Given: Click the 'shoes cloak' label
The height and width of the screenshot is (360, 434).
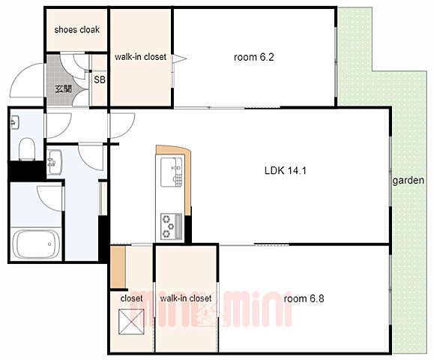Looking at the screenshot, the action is [77, 30].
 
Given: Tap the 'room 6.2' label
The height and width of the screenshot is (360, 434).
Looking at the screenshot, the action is [254, 57].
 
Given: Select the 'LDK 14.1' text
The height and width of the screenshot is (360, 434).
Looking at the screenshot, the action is [286, 170].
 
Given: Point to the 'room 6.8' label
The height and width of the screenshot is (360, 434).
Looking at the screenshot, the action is [304, 298].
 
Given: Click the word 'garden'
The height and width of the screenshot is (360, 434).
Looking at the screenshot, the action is [409, 181].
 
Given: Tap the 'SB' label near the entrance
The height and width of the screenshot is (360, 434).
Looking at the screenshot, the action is [100, 79].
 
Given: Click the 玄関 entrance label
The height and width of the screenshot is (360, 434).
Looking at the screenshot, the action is [64, 89].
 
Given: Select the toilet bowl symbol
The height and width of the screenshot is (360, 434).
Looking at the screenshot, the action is [27, 149].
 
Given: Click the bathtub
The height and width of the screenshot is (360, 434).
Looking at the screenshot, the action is [36, 244].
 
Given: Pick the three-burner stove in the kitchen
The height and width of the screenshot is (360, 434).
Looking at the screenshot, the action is [172, 226].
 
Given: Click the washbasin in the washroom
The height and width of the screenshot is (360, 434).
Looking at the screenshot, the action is [54, 162].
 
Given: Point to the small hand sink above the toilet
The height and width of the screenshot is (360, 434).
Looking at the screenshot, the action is [14, 123].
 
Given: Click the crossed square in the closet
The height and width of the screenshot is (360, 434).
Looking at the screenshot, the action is [131, 322].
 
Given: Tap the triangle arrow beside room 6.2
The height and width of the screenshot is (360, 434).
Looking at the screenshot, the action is [179, 58].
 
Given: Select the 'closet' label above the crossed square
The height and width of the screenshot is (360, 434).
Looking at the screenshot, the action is [131, 298].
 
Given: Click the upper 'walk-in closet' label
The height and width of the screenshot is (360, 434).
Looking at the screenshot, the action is [140, 57].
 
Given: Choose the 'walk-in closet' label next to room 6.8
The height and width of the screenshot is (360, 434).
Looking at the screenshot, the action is [186, 298].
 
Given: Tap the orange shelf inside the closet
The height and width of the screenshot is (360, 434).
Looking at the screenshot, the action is [118, 267].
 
